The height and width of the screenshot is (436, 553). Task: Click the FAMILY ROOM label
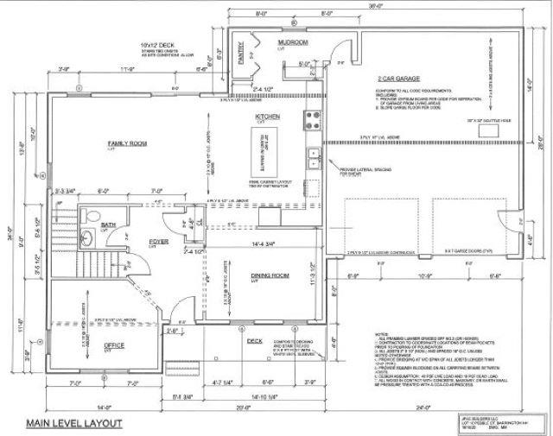(124, 143)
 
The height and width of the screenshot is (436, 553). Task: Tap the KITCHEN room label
(266, 116)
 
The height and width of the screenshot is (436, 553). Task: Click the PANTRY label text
(240, 54)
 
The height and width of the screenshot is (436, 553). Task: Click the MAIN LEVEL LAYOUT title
(73, 424)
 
